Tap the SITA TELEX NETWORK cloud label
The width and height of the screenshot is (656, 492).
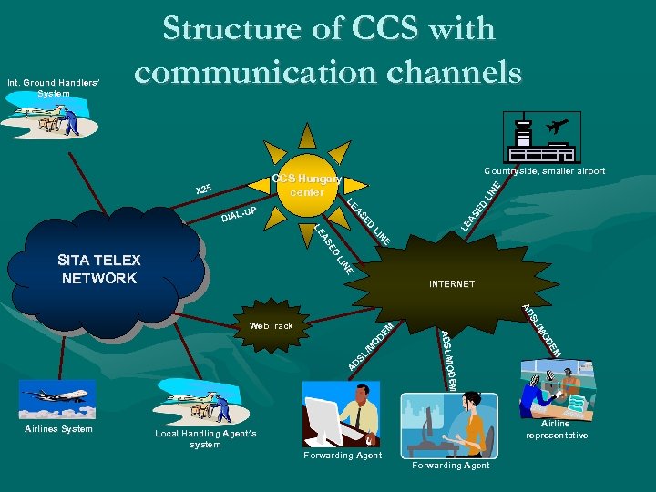click(98, 269)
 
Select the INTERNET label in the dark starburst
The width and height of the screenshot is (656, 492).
click(452, 284)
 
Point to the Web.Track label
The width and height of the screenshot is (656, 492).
click(272, 324)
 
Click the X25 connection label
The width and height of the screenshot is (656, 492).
click(204, 190)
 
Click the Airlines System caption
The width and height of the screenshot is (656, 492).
click(58, 428)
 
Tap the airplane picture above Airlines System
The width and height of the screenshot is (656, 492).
click(56, 398)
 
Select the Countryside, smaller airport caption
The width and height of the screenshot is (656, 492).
click(544, 170)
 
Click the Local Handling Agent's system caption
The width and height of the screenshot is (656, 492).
click(206, 439)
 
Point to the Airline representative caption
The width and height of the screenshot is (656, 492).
click(556, 429)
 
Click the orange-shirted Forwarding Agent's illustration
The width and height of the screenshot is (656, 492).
click(452, 425)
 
